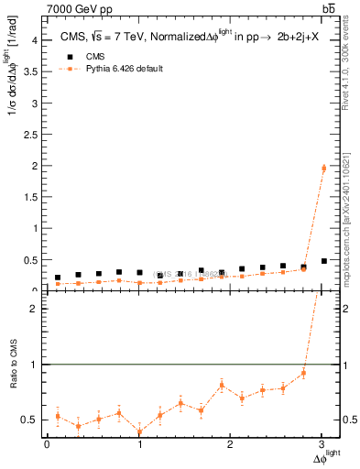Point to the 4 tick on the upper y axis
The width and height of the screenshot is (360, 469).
tap(34, 40)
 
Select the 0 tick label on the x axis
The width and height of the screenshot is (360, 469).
tap(47, 444)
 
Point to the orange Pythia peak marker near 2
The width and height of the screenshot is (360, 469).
tap(323, 168)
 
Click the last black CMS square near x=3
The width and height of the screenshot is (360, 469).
tap(323, 261)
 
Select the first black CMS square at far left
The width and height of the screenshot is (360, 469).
tap(58, 278)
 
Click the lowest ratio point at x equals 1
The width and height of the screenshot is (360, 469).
tap(139, 431)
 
